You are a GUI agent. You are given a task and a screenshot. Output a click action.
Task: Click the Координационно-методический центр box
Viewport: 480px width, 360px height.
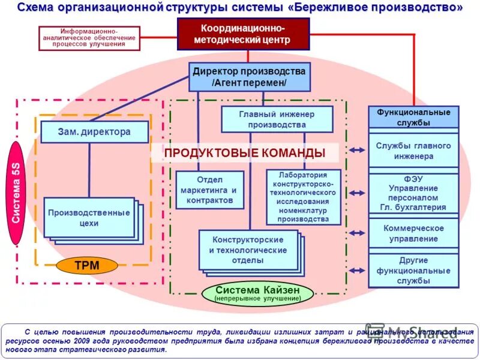pos(243,34)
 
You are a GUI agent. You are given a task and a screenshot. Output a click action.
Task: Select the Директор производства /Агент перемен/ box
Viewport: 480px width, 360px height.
pos(250,76)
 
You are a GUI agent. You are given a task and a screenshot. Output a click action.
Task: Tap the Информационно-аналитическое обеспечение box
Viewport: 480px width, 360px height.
pos(89,38)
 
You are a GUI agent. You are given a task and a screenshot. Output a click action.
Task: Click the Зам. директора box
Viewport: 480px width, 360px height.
pos(95,132)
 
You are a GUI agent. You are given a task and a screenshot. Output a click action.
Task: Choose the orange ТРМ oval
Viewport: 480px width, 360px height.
pos(86,265)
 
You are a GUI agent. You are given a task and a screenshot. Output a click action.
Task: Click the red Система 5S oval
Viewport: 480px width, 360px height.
pos(16,192)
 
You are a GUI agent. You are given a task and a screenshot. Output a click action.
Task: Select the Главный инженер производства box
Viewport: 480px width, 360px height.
pos(277,119)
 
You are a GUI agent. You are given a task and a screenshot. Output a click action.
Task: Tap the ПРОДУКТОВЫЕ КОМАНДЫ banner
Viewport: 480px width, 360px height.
pos(244,153)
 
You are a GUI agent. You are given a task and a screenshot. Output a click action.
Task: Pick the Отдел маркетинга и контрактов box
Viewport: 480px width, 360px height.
pos(209,190)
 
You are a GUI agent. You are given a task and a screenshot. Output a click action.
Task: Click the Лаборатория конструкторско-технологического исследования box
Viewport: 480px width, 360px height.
pos(304,197)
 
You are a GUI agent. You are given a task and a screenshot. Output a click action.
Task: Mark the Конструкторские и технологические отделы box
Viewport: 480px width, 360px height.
pos(248,250)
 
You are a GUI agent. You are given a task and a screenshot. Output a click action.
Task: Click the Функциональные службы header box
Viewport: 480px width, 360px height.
pos(413,117)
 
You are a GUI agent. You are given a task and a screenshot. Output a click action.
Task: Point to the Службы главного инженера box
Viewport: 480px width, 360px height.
pos(413,150)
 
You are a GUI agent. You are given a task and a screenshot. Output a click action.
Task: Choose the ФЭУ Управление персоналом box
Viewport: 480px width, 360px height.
pos(413,193)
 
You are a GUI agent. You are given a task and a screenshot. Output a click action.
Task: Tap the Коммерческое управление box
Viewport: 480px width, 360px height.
pos(413,233)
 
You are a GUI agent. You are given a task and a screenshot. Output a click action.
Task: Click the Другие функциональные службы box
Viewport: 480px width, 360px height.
pos(413,270)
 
